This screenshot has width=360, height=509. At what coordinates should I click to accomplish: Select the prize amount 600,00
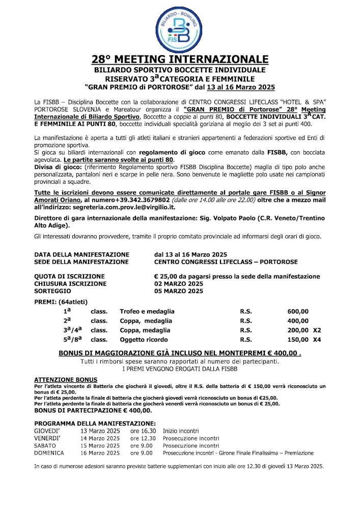(298, 312)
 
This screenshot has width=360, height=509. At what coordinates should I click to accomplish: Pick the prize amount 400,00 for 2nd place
(298, 321)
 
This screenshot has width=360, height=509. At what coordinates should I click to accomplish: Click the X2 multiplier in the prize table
(317, 330)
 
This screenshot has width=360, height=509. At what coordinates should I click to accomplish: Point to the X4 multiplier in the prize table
(317, 340)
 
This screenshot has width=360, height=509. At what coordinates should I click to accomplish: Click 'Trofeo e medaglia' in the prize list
(147, 312)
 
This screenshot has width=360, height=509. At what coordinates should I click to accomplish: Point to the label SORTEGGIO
(53, 291)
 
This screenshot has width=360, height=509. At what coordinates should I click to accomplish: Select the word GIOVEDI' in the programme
(49, 431)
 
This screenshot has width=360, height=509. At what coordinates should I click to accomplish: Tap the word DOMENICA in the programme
(49, 453)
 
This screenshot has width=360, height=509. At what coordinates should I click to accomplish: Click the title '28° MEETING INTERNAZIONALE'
(180, 59)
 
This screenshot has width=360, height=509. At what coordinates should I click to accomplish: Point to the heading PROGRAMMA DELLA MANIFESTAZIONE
(95, 423)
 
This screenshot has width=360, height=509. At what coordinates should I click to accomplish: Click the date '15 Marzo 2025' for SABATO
(100, 445)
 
